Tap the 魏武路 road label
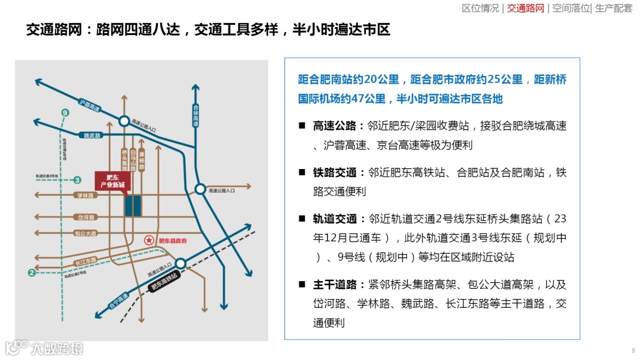93,135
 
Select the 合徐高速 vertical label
196,115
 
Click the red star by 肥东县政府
148,240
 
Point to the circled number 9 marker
65,113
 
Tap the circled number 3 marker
78,180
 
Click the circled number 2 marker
31,273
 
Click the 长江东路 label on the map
86,261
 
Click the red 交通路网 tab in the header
526,8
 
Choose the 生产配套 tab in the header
614,8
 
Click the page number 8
633,351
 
